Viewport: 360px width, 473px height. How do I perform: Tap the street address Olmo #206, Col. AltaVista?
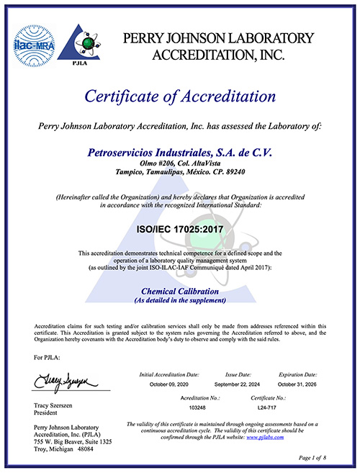[x=180, y=163]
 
